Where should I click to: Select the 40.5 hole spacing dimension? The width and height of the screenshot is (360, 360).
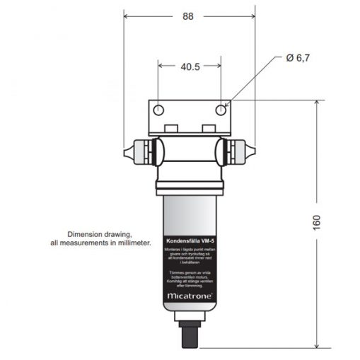click(190, 67)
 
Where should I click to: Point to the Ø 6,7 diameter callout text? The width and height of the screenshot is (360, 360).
click(298, 59)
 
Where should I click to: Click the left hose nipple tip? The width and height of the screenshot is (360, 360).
click(125, 151)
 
